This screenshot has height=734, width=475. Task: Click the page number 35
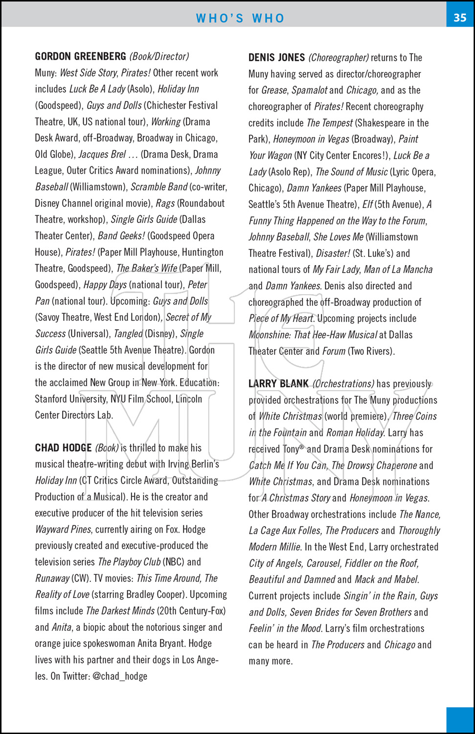[x=460, y=18]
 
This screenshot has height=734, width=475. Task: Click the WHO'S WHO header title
[x=240, y=19]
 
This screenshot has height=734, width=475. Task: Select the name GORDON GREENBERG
[x=80, y=57]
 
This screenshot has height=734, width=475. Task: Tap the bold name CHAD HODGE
[x=63, y=448]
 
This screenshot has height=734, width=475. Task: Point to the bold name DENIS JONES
[x=276, y=58]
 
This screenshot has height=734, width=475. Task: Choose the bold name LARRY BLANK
[x=278, y=384]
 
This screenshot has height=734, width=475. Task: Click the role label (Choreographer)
[x=338, y=58]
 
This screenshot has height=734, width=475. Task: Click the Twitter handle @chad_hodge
[x=120, y=677]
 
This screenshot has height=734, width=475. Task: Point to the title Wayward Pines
[x=63, y=529]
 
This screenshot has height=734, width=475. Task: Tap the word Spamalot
[x=309, y=91]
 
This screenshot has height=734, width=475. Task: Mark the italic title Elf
[x=367, y=205]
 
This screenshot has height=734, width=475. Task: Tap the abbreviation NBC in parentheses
[x=173, y=562]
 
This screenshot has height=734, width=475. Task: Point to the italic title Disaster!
[x=333, y=253]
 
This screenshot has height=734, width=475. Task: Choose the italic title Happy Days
[x=105, y=285]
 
